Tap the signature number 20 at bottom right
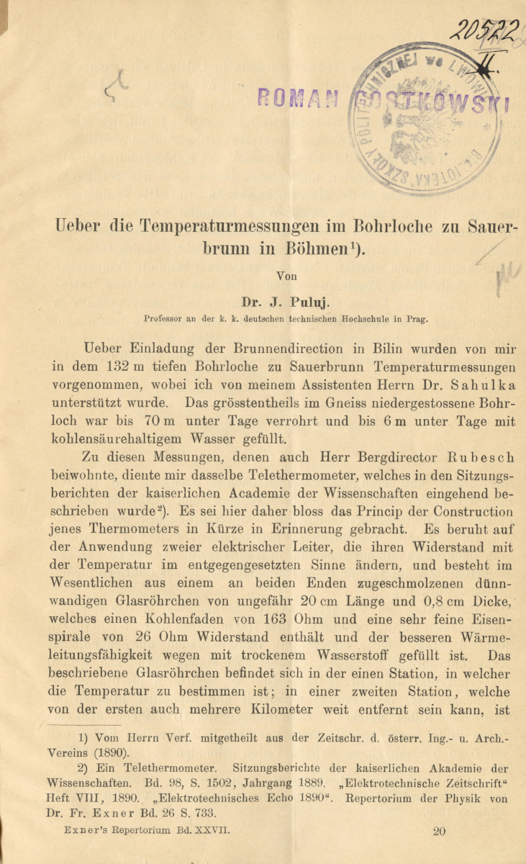pyautogui.click(x=440, y=831)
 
